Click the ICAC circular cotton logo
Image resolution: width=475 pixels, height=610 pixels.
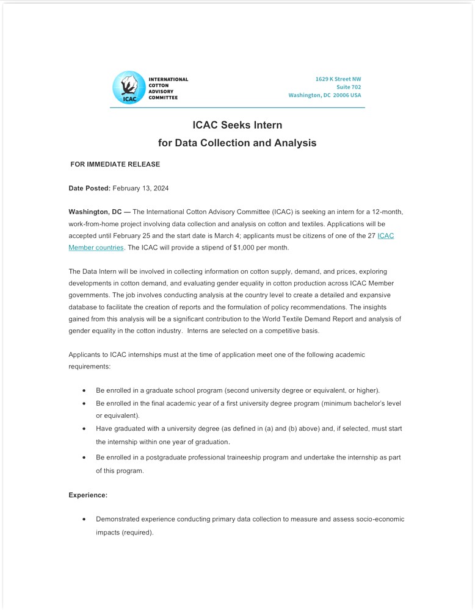click(128, 87)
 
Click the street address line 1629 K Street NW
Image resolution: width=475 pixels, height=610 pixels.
click(338, 79)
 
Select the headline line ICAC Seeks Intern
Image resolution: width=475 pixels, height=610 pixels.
click(237, 125)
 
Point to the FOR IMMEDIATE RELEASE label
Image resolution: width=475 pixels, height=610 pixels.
click(115, 164)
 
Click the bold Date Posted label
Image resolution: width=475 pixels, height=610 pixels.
click(89, 188)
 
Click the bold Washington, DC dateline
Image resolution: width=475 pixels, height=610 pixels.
click(95, 212)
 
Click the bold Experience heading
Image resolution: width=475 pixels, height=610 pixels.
click(88, 495)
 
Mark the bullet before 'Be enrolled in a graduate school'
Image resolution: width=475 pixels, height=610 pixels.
click(84, 390)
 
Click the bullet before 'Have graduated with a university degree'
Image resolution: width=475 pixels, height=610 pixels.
click(84, 429)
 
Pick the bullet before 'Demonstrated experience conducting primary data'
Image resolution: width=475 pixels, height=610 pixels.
click(84, 520)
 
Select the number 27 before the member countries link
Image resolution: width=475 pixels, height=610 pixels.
click(371, 236)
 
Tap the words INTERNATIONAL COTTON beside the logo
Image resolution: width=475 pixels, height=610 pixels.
click(168, 82)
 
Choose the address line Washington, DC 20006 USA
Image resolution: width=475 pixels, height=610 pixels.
click(324, 95)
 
